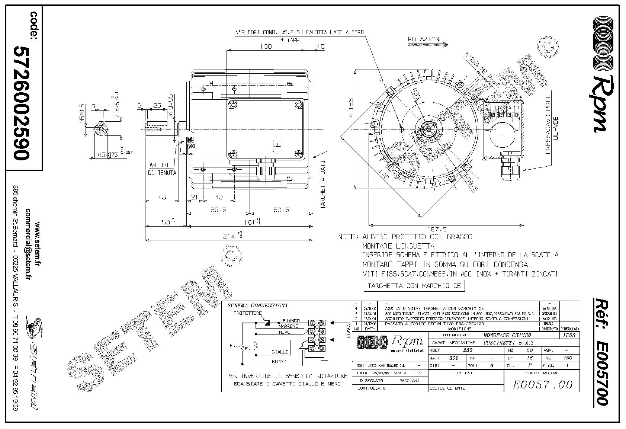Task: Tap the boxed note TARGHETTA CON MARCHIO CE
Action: pyautogui.click(x=414, y=286)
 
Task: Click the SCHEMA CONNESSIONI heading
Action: pyautogui.click(x=257, y=305)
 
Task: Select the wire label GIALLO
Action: pyautogui.click(x=280, y=352)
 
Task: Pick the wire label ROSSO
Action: pyautogui.click(x=279, y=361)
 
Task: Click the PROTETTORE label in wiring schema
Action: pyautogui.click(x=248, y=313)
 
